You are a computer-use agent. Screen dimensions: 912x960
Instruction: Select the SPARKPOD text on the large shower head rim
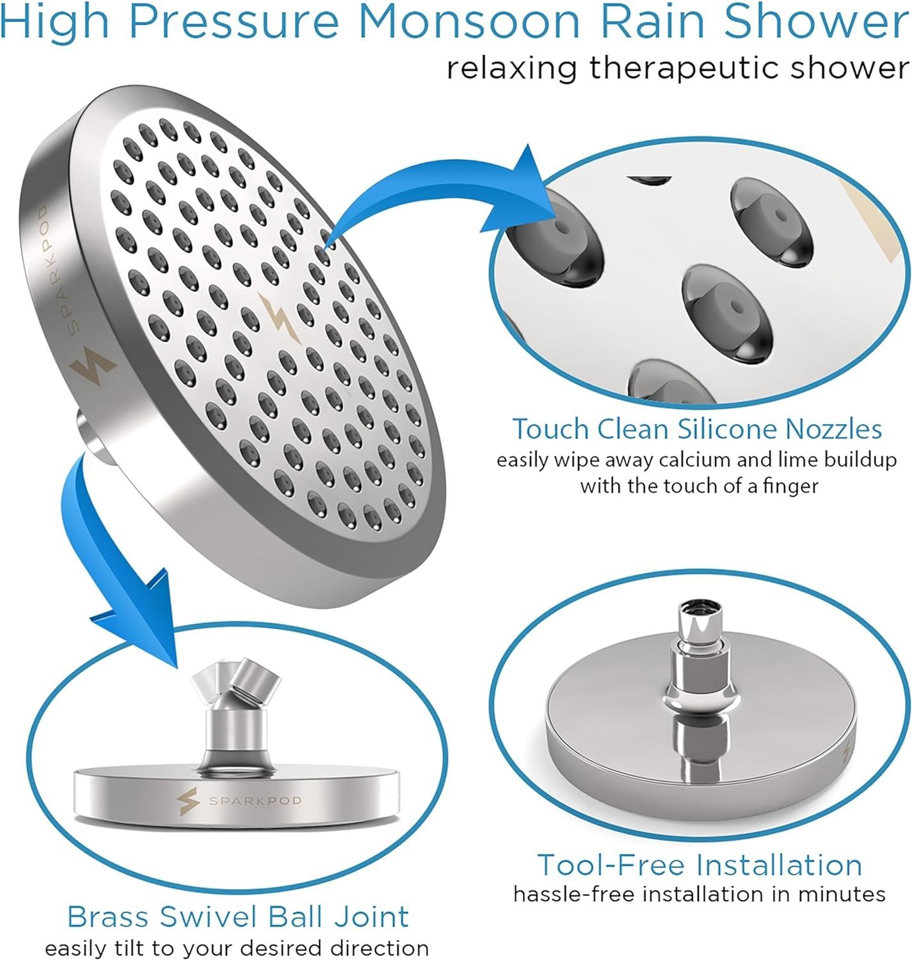[59, 269]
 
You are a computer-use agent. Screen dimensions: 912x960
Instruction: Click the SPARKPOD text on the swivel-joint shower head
[255, 801]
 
